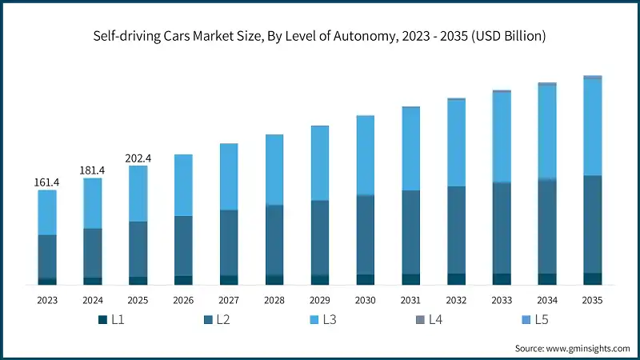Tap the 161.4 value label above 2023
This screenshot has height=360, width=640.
[x=47, y=182]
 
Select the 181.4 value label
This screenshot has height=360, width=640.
[x=93, y=170]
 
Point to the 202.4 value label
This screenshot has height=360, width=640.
[x=138, y=158]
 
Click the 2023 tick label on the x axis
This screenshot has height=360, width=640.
[x=47, y=300]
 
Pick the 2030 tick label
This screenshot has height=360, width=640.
[x=365, y=300]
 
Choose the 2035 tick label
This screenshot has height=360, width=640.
[x=592, y=300]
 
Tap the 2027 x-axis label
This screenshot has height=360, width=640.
[x=229, y=300]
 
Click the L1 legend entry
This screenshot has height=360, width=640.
[x=111, y=320]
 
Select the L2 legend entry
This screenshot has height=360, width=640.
[x=217, y=320]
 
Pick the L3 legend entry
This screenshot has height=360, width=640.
[x=322, y=320]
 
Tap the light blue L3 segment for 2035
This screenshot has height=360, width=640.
[x=592, y=126]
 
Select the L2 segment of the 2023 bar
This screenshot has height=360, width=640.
[x=47, y=256]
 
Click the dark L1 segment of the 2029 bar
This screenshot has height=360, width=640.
[x=320, y=279]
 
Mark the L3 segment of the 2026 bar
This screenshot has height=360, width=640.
[x=183, y=185]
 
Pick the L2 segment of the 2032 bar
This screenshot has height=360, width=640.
[x=456, y=230]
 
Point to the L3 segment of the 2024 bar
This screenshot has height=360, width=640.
[x=93, y=203]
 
